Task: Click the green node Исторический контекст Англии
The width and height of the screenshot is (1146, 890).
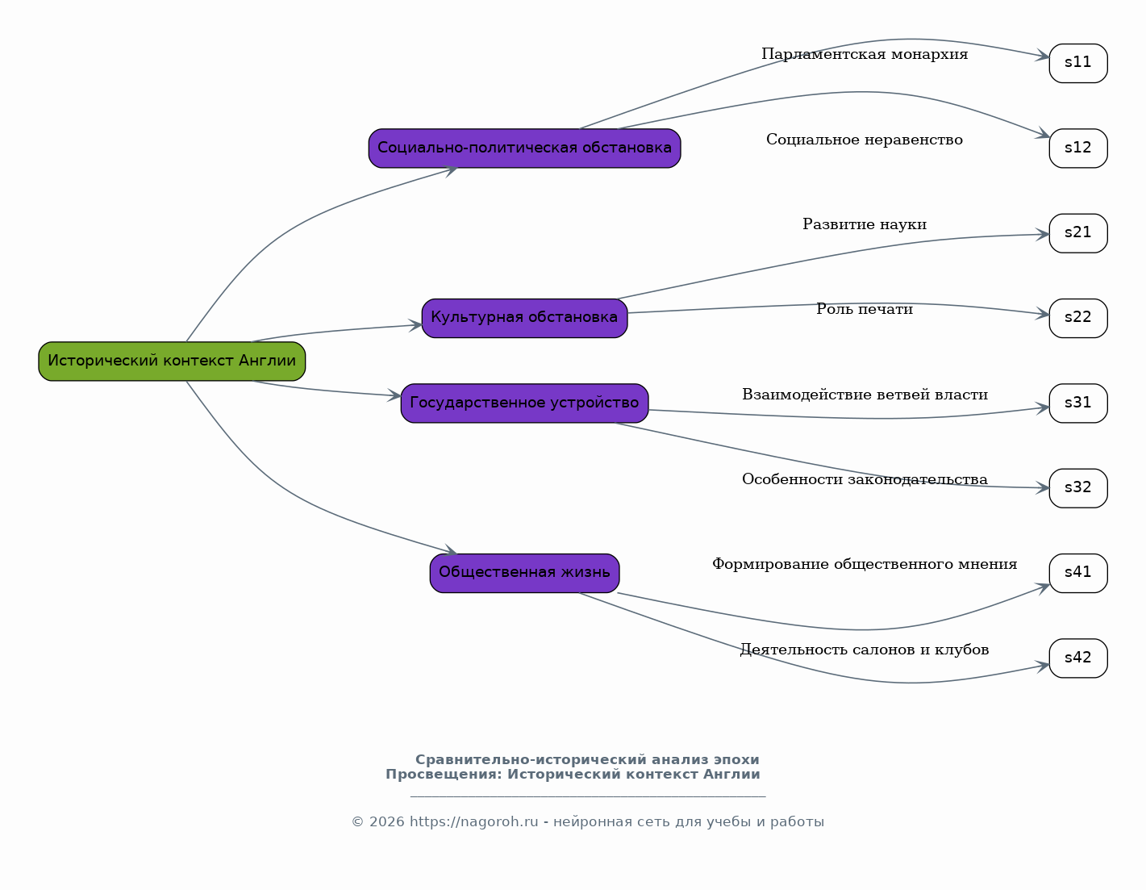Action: point(172,361)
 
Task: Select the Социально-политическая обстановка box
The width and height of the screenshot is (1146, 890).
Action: point(525,148)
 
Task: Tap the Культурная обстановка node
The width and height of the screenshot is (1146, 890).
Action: point(525,318)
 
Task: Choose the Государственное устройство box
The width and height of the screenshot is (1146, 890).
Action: point(525,403)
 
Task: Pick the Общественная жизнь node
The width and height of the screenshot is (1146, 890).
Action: point(525,573)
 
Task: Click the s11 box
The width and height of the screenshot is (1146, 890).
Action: point(1078,63)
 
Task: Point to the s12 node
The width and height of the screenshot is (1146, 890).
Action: point(1078,148)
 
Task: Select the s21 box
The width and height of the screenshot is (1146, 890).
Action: point(1078,233)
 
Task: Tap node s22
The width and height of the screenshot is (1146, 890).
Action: point(1078,318)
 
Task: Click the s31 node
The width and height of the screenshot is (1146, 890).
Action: point(1078,403)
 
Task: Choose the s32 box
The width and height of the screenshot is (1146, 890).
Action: point(1078,488)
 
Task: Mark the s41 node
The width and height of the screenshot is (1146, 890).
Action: point(1078,573)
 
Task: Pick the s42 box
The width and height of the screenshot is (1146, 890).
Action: point(1078,658)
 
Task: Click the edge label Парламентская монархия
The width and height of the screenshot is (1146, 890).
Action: point(865,54)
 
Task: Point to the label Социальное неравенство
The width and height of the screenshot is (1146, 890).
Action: point(865,140)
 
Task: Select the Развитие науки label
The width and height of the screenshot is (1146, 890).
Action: point(865,224)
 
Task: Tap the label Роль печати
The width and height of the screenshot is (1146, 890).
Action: point(865,309)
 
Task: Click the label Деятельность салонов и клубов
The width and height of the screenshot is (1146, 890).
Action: point(865,650)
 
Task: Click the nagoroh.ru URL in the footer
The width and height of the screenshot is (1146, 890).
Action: point(473,822)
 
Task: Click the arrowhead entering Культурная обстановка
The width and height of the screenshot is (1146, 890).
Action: point(415,325)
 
